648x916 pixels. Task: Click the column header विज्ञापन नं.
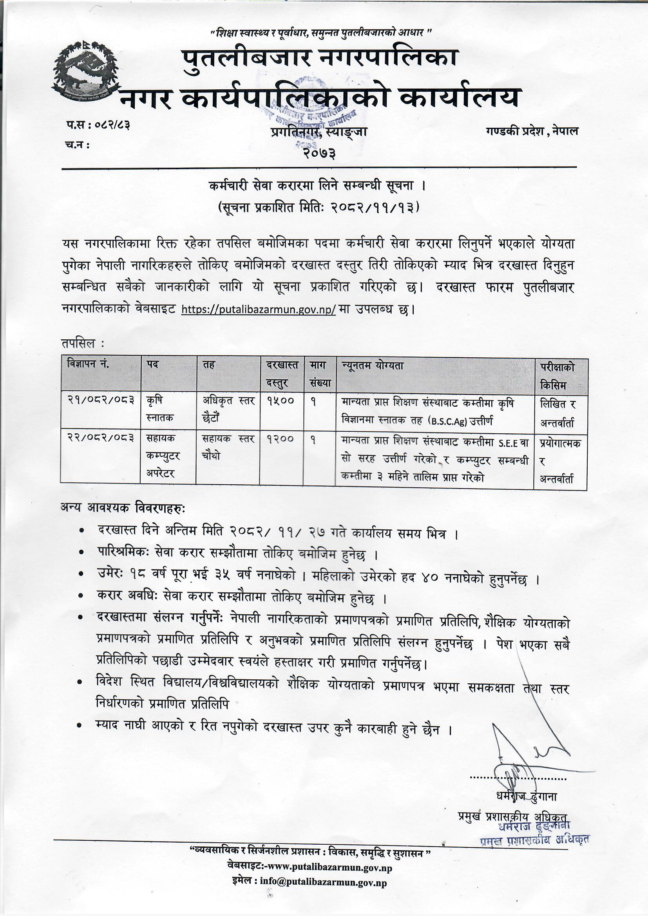click(x=88, y=364)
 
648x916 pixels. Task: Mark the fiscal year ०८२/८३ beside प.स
click(x=113, y=125)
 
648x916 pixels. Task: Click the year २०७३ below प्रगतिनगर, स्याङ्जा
click(x=319, y=152)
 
